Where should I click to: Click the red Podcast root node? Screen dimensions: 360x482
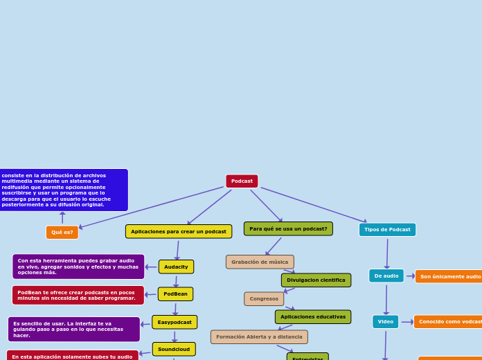tap(242, 181)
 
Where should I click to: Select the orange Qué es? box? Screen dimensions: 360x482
tap(62, 233)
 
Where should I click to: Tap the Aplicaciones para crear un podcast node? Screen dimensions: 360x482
tap(179, 231)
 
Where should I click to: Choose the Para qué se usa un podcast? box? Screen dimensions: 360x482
tap(288, 228)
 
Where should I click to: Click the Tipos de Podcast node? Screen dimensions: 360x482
tap(387, 230)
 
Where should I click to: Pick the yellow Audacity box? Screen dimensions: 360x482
tap(176, 267)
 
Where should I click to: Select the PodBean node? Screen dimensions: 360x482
tap(175, 294)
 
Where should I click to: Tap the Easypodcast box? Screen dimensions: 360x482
tap(175, 322)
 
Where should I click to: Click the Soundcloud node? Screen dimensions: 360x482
tap(174, 349)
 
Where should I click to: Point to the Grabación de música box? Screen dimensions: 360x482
tap(260, 262)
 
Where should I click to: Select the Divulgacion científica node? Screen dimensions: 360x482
tap(316, 280)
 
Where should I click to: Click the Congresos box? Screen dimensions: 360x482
tap(264, 298)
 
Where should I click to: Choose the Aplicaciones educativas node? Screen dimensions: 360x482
tap(313, 316)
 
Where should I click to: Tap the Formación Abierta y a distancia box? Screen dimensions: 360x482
tap(259, 336)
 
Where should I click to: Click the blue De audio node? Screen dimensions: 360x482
tap(386, 276)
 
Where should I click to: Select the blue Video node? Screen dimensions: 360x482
tap(385, 321)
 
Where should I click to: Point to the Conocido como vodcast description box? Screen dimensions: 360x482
tap(449, 322)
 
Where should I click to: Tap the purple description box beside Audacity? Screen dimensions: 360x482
tap(78, 267)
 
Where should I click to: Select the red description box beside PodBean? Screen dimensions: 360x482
tap(78, 295)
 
